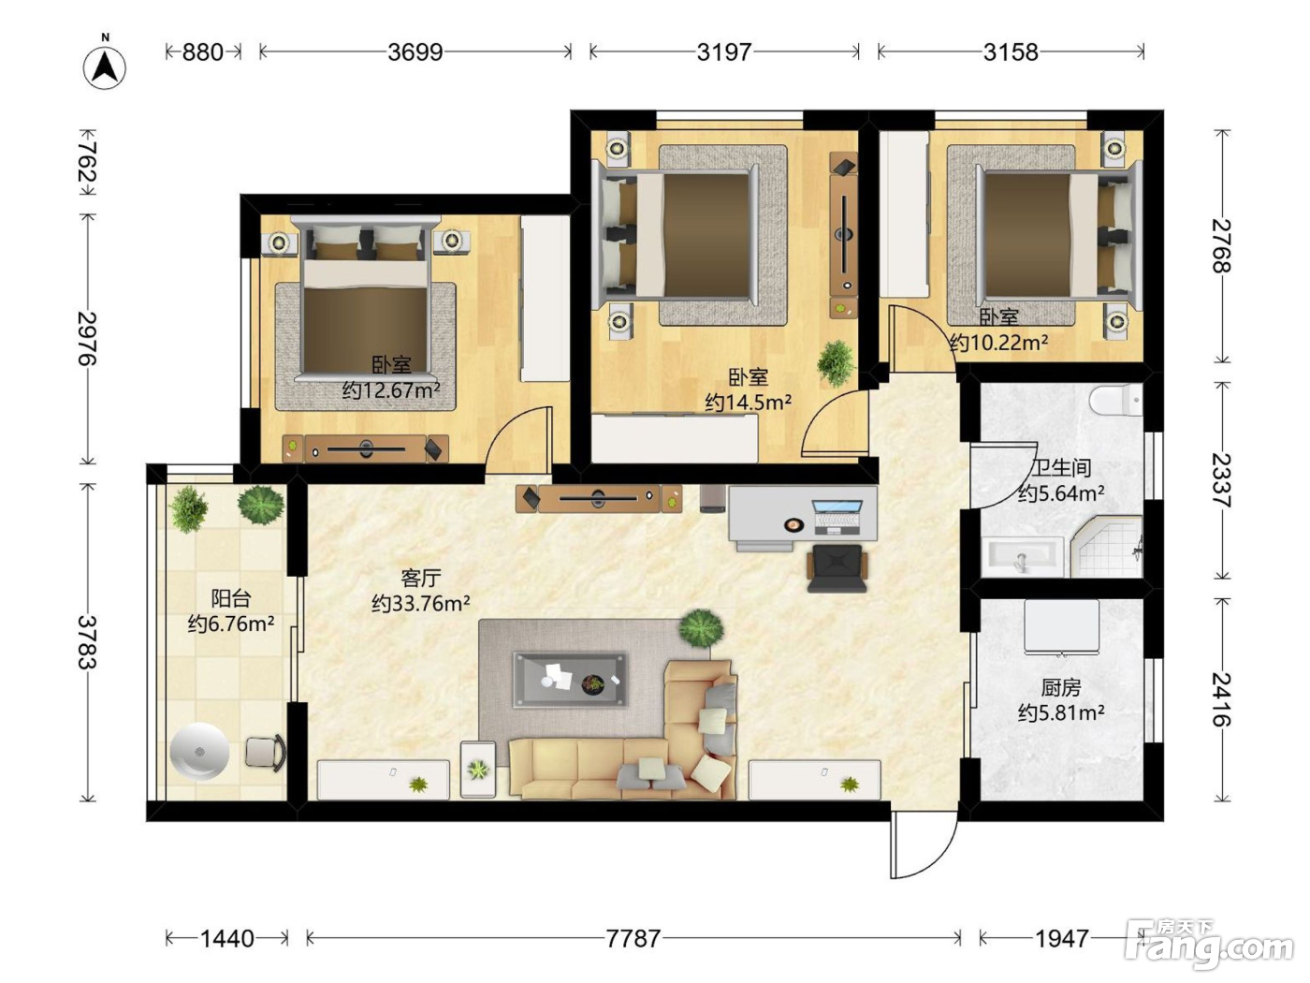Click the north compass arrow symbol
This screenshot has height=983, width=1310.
[105, 66]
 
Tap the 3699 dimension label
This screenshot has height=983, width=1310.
[415, 52]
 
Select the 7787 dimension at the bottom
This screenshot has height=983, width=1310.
[633, 939]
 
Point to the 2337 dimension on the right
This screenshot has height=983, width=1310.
[1221, 481]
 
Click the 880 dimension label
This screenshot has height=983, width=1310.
[203, 52]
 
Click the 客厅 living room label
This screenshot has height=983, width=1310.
[421, 578]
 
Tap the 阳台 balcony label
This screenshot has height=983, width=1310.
[231, 598]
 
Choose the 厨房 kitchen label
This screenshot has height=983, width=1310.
[1061, 687]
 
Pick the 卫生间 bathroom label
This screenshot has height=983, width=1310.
[1062, 467]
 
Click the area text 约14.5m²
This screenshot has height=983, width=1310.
[749, 403]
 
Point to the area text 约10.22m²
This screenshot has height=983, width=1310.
[998, 343]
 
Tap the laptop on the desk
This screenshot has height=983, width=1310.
[837, 517]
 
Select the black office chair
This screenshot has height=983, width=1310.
[837, 567]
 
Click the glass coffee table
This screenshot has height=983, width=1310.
[571, 680]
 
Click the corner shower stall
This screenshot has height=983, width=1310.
[1105, 548]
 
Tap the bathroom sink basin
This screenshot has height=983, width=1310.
[1023, 556]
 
